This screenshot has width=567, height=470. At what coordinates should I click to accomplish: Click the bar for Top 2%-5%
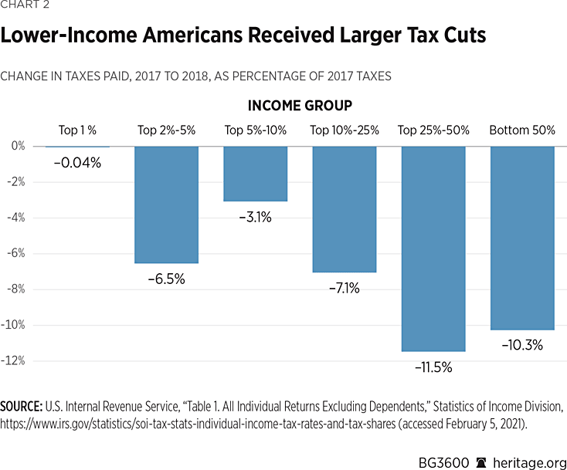[x=166, y=205]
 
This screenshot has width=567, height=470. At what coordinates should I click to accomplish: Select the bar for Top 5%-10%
[x=255, y=174]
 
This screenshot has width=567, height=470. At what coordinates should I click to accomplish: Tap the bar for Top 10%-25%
[x=344, y=208]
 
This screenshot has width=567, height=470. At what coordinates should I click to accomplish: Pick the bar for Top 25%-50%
[x=433, y=249]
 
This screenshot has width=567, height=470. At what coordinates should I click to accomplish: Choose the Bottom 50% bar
[x=522, y=238]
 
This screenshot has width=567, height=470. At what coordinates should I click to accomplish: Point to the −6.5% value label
[x=166, y=279]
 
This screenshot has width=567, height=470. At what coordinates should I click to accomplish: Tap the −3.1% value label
[x=255, y=218]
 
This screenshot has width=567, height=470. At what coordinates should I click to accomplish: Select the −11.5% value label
[x=433, y=367]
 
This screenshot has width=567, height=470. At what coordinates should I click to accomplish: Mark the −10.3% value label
[x=522, y=346]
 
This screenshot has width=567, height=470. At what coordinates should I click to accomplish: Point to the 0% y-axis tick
[x=18, y=146]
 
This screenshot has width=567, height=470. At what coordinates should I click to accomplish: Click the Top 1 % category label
[x=77, y=130]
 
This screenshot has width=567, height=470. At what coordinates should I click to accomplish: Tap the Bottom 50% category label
[x=522, y=130]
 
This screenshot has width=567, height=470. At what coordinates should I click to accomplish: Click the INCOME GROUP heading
[x=300, y=105]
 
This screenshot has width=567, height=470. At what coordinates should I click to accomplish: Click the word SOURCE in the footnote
[x=22, y=407]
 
